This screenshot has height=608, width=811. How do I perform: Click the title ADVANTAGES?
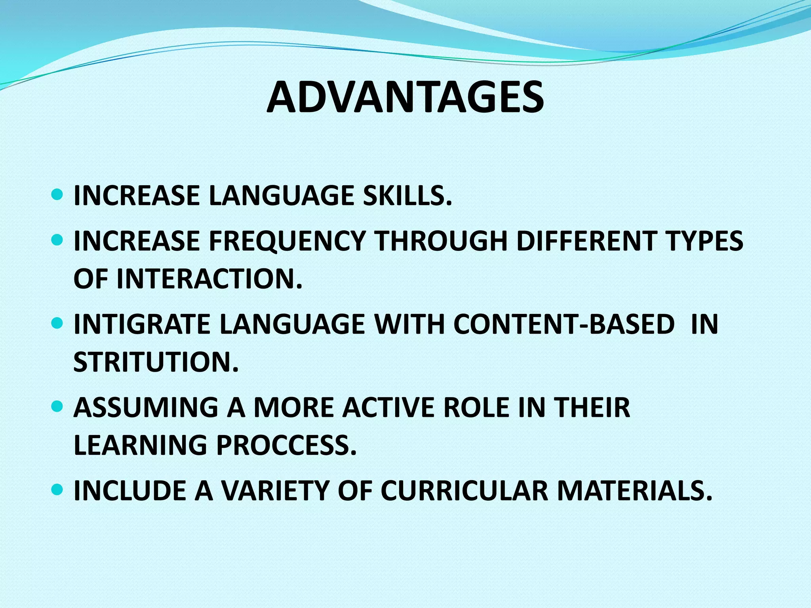[405, 98]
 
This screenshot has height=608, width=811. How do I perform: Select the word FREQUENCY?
[287, 241]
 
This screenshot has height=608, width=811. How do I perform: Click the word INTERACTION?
[209, 279]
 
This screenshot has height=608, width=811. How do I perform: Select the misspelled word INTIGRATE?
[142, 324]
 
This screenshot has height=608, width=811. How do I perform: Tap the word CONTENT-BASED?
[564, 324]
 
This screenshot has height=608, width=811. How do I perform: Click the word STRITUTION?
[156, 362]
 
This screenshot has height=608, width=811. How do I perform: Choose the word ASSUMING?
[146, 407]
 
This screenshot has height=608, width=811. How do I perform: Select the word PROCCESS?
[286, 445]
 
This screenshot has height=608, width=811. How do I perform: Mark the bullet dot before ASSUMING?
[57, 407]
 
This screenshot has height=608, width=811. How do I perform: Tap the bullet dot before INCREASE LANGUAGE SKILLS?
[57, 195]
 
